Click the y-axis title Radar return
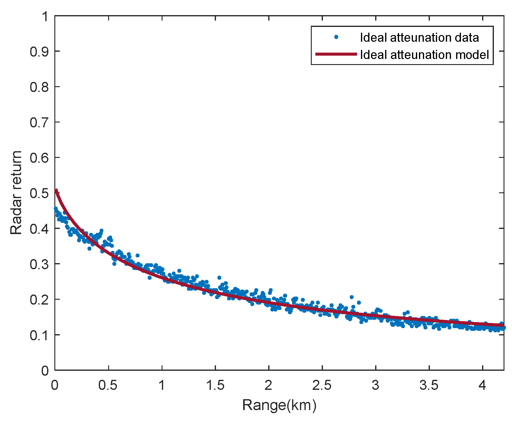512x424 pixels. click(16, 193)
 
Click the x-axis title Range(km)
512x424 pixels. click(279, 405)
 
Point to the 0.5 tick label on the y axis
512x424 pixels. click(39, 193)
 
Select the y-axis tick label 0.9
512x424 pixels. click(39, 51)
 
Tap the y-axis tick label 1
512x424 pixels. click(45, 16)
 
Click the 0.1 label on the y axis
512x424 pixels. click(39, 335)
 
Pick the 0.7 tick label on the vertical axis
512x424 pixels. click(39, 122)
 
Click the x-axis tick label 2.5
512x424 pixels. click(322, 385)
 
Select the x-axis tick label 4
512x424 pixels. click(482, 385)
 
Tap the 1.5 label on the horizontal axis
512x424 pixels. click(215, 385)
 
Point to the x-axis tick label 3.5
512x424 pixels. click(429, 385)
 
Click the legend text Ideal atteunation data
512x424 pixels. click(419, 38)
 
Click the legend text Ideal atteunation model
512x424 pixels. click(424, 55)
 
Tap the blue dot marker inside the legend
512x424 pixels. click(336, 37)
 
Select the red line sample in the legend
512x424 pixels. click(336, 54)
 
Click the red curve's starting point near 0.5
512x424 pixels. click(56, 190)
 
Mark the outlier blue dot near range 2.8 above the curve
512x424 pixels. click(352, 297)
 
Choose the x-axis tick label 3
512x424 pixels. click(375, 385)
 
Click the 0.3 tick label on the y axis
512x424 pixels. click(39, 264)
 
